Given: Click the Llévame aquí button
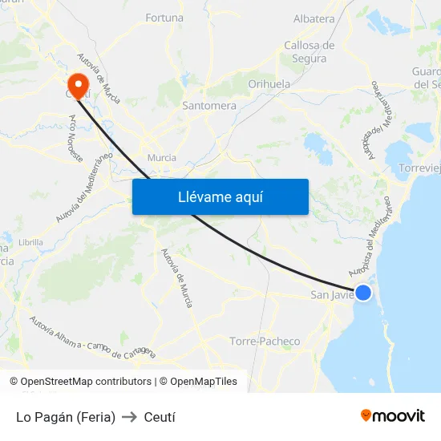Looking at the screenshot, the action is click(220, 196).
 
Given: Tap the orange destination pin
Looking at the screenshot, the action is click(79, 83).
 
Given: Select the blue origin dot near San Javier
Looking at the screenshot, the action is click(363, 293).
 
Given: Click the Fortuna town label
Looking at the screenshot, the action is click(164, 18).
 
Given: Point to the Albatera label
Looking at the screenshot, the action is click(314, 19).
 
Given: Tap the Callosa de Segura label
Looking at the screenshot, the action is click(310, 51).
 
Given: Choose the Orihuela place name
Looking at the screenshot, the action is click(269, 84).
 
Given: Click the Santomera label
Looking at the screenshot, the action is click(209, 106).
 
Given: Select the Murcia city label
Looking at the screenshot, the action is click(162, 158).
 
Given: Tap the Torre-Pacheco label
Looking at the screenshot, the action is click(265, 342).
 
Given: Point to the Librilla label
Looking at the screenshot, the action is click(30, 242).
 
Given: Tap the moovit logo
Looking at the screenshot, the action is click(392, 415).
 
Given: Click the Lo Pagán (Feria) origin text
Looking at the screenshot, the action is click(66, 417).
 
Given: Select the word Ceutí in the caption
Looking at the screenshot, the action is click(160, 417).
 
